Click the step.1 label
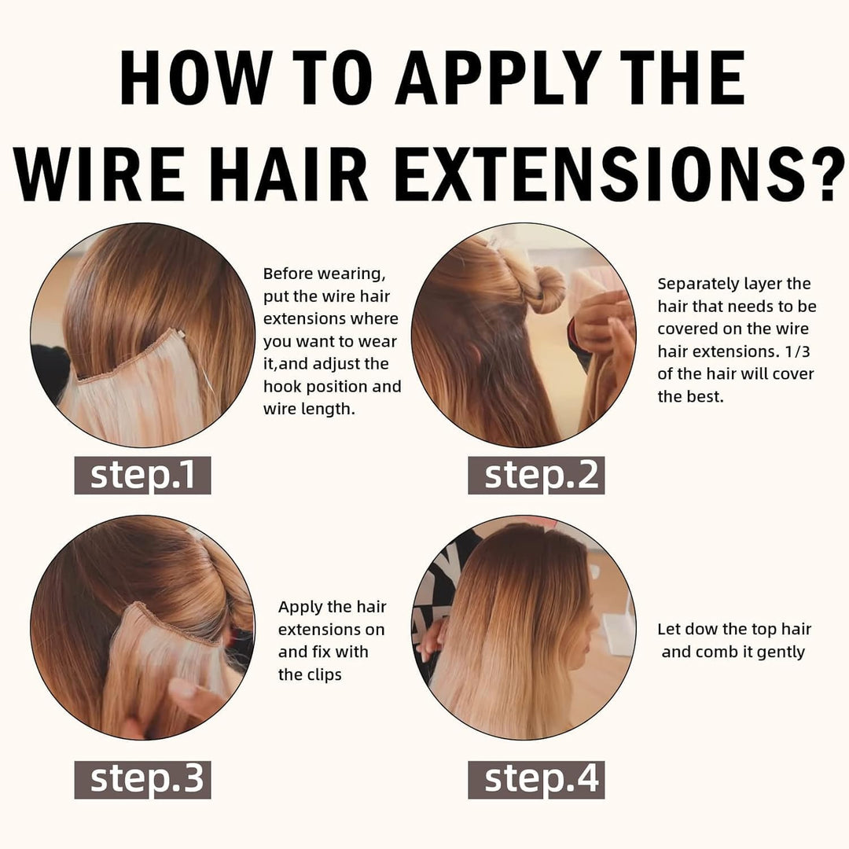pos(142,475)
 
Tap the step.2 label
pos(536,475)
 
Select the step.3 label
pos(142,779)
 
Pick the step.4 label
pos(536,779)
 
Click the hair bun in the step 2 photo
pos(546,289)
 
